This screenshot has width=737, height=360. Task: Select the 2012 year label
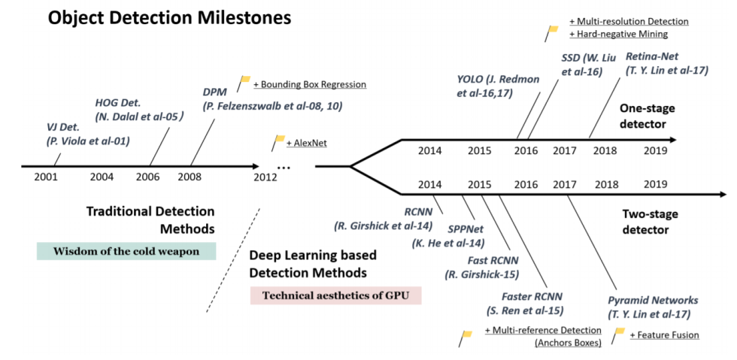tap(265, 177)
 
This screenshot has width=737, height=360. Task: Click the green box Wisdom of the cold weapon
tap(126, 252)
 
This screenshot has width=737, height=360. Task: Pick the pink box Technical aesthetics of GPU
tap(335, 295)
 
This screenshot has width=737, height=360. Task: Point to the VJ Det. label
tap(64, 128)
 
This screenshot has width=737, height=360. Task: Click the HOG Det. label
tap(120, 104)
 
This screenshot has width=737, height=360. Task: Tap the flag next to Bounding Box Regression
tap(245, 80)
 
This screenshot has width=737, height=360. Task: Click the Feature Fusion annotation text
tap(664, 334)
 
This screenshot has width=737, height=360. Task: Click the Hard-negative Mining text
tap(618, 35)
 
